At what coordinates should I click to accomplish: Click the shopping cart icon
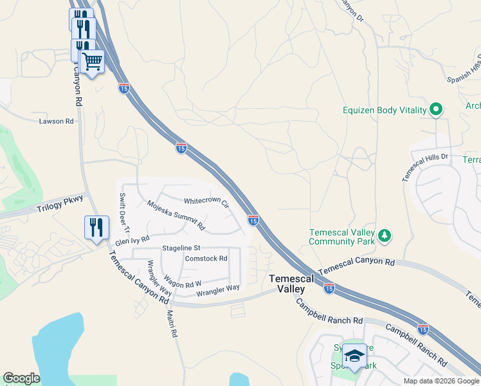(x=93, y=62)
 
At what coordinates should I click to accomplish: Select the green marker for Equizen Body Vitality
(x=437, y=110)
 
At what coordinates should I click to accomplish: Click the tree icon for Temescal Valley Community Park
(x=385, y=236)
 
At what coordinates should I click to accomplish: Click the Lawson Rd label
(x=56, y=121)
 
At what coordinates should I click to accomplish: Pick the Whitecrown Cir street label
(x=206, y=201)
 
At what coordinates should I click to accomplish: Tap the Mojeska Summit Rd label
(x=176, y=216)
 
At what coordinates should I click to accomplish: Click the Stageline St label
(x=181, y=247)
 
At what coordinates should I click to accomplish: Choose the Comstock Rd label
(x=206, y=259)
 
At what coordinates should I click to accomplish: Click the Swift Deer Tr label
(x=124, y=212)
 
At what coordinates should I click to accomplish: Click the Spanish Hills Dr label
(x=465, y=68)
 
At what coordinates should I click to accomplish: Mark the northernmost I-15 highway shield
(x=124, y=87)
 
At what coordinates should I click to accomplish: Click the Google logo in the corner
(x=21, y=378)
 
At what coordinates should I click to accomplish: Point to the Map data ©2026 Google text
(x=441, y=381)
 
